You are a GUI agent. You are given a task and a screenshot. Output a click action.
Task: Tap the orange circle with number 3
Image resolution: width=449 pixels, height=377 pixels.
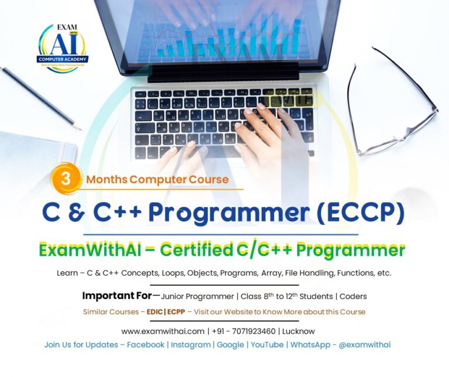coord(66,179)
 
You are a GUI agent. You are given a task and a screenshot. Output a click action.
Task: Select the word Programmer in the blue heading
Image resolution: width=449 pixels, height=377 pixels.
coord(240,214)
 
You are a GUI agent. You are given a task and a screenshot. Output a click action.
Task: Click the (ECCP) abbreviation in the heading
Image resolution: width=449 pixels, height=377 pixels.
coord(361,214)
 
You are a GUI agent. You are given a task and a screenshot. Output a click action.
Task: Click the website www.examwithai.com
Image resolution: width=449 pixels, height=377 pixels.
coord(163,331)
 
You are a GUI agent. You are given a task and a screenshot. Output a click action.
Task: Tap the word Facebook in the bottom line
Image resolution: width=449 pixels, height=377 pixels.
coord(146,345)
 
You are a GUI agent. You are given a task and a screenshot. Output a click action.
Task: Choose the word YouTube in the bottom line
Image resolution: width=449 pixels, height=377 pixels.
coord(267,345)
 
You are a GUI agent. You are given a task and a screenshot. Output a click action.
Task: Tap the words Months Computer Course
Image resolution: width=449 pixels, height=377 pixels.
coord(157,179)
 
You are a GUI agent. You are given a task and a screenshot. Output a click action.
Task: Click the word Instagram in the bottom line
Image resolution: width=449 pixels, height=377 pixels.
coord(191,345)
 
